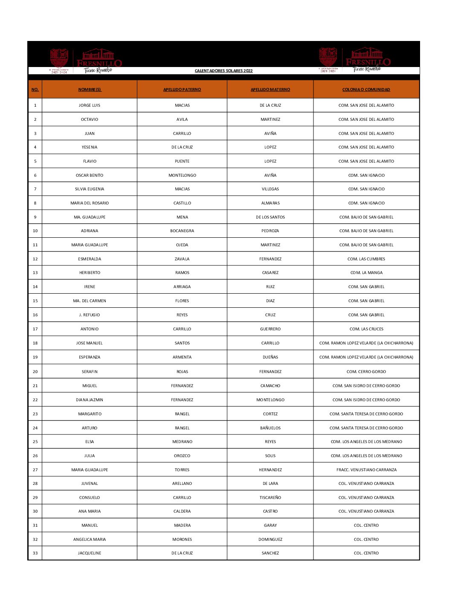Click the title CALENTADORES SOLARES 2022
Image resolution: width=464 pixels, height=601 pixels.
[x=223, y=71]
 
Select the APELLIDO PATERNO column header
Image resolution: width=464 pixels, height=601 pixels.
[x=182, y=90]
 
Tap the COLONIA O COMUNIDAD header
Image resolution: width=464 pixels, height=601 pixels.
[x=366, y=90]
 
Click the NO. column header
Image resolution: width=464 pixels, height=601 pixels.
[x=35, y=90]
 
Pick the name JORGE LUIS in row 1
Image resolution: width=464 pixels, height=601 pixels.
[x=90, y=105]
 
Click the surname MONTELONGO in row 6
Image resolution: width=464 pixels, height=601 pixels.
[x=182, y=175]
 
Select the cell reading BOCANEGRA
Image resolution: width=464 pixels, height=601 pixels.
[x=182, y=231]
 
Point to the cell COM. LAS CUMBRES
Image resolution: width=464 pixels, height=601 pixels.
[x=366, y=259]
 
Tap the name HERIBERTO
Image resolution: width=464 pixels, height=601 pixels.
[x=90, y=273]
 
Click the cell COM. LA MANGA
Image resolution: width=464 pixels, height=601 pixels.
[x=366, y=273]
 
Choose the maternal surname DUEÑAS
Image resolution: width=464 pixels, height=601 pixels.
[x=270, y=357]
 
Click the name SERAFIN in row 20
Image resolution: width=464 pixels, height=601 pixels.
[x=90, y=372]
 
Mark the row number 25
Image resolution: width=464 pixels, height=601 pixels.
[x=35, y=442]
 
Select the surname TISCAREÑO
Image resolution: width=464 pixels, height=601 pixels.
[x=270, y=498]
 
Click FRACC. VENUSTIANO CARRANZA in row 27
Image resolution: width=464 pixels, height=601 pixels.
[x=366, y=470]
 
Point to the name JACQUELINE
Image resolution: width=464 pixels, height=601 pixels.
[x=90, y=553]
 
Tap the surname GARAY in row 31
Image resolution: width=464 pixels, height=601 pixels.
[x=270, y=525]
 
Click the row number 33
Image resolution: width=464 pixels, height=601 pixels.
[x=35, y=553]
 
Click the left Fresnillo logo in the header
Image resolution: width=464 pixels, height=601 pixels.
[x=85, y=61]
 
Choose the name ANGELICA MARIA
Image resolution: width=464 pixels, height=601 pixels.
[x=90, y=540]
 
